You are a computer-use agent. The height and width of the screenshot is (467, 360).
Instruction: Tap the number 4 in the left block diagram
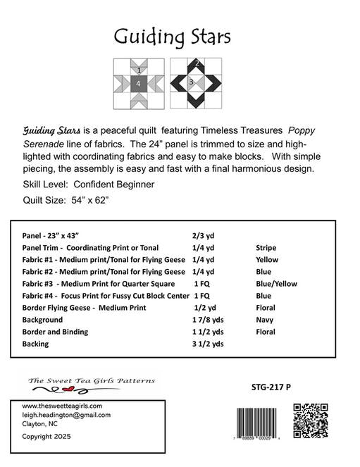(x=139, y=84)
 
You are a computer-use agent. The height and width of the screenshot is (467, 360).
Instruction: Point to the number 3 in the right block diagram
(x=191, y=83)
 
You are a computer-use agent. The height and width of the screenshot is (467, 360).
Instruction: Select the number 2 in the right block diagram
(x=197, y=64)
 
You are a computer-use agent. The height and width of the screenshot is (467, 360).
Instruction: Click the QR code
(x=311, y=420)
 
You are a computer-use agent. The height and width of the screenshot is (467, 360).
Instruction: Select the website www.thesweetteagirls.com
(x=62, y=406)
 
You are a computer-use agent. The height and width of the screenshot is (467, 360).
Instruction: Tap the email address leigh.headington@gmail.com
(x=66, y=415)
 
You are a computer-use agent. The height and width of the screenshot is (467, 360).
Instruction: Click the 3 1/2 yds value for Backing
(x=208, y=344)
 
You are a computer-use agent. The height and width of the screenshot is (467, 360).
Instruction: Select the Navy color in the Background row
(x=264, y=320)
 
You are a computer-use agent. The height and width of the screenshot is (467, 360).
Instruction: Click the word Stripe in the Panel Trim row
(x=266, y=248)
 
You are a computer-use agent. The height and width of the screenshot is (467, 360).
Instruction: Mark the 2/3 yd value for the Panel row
(x=203, y=236)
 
